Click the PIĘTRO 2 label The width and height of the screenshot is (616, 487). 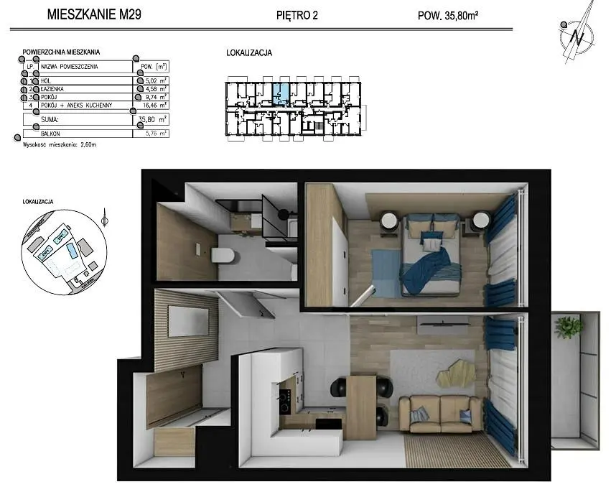pos(297,14)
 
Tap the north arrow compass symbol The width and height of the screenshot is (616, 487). pos(577,32)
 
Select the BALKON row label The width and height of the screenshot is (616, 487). pos(52,133)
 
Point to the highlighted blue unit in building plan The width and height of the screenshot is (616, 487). pos(282,92)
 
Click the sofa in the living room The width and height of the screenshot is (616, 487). pos(440,414)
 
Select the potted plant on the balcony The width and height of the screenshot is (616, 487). pos(569,328)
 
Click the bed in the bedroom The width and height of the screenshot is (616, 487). pos(431,255)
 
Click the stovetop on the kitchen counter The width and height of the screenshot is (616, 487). pos(285,399)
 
